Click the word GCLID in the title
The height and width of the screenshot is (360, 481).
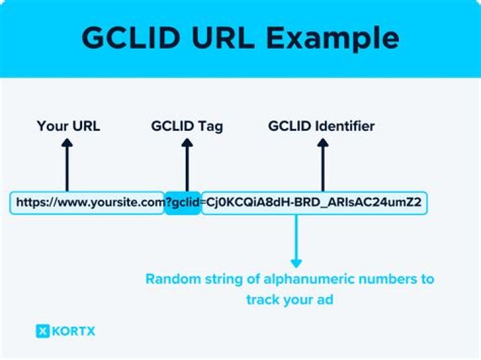pyautogui.click(x=131, y=37)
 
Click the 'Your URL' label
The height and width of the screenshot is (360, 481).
pyautogui.click(x=68, y=126)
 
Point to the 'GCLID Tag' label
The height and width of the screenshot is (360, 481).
pyautogui.click(x=187, y=127)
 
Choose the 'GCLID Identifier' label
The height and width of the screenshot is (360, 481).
pyautogui.click(x=321, y=126)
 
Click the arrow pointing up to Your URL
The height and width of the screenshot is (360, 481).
pyautogui.click(x=67, y=165)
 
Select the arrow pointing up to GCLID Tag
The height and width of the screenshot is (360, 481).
pyautogui.click(x=187, y=165)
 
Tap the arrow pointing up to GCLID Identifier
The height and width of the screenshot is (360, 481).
pyautogui.click(x=323, y=165)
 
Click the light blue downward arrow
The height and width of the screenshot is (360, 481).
pyautogui.click(x=297, y=241)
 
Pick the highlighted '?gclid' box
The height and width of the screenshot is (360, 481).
pyautogui.click(x=182, y=202)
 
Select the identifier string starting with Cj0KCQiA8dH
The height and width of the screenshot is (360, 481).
pyautogui.click(x=314, y=202)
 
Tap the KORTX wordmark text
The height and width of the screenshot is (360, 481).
pyautogui.click(x=73, y=331)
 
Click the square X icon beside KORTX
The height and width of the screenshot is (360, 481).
pyautogui.click(x=43, y=331)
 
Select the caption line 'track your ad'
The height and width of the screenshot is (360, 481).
pyautogui.click(x=289, y=300)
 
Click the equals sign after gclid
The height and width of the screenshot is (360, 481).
pyautogui.click(x=203, y=202)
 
